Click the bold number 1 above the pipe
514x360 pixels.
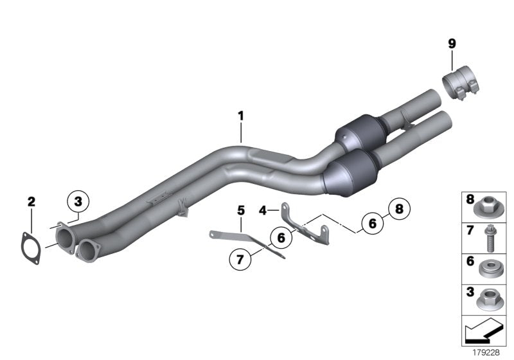click(x=241, y=116)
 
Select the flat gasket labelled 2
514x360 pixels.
click(x=31, y=246)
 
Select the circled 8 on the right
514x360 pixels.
click(x=399, y=208)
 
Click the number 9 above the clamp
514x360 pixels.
click(x=452, y=44)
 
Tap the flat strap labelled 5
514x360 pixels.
click(x=247, y=242)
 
